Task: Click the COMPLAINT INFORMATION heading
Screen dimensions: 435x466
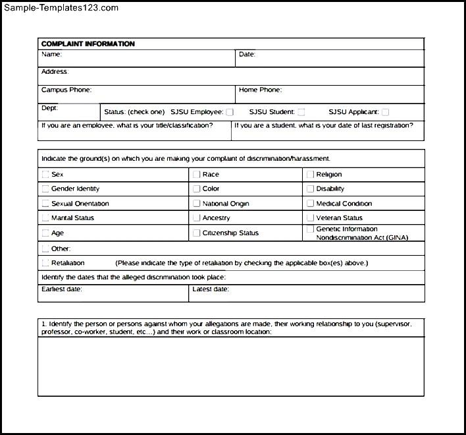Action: (88, 44)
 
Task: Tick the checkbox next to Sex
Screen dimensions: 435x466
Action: (45, 175)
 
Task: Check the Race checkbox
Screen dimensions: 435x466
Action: (197, 175)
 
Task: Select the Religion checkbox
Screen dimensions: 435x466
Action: (311, 175)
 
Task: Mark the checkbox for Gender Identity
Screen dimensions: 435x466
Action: (45, 189)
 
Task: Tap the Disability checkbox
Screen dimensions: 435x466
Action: (311, 189)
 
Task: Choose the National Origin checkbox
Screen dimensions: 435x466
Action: (197, 204)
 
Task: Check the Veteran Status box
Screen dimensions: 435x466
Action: (311, 217)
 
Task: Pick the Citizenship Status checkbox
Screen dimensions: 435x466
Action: (197, 233)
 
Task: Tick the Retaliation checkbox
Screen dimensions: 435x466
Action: (45, 263)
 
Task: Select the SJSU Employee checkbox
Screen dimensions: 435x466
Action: (230, 112)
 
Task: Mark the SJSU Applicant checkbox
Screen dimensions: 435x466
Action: (385, 112)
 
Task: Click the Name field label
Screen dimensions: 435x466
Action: (51, 55)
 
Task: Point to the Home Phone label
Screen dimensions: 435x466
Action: (260, 90)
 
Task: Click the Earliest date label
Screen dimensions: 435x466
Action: (62, 289)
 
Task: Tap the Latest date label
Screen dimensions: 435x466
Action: (211, 289)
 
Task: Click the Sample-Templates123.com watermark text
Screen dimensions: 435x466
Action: (61, 8)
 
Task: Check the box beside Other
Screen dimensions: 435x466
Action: (45, 248)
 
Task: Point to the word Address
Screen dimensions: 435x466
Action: (55, 72)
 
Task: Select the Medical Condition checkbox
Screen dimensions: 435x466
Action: (311, 204)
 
